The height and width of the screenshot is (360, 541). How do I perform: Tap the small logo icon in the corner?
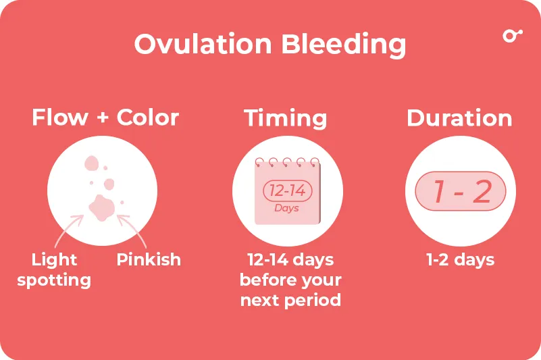pos(513,36)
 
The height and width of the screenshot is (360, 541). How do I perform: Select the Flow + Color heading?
pos(105,118)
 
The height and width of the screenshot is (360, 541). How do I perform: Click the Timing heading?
pos(286,118)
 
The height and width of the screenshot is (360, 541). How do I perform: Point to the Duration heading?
pos(459,118)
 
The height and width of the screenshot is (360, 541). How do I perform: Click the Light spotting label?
pos(54,270)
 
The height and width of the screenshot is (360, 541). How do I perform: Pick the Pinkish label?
pos(149,260)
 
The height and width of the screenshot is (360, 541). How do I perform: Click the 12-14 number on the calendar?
pos(287,191)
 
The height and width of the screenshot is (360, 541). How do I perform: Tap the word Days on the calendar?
pos(286,208)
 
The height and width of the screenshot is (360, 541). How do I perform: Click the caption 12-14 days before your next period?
pos(290,280)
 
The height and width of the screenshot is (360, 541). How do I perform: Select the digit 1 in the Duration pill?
pos(439,192)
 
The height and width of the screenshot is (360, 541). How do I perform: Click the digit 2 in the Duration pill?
pos(482,192)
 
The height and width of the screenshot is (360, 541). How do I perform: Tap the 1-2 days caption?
pos(460,260)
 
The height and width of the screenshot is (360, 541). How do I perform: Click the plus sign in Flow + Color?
pos(103,118)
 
